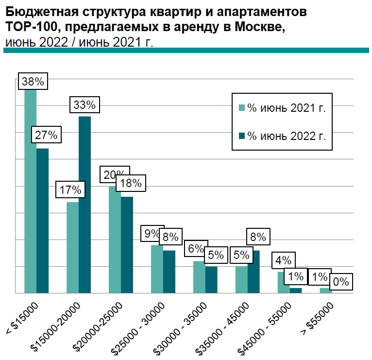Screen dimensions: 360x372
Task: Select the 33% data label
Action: point(85,104)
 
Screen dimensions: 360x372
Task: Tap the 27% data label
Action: point(46,135)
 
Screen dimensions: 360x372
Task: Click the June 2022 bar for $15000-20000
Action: point(85,205)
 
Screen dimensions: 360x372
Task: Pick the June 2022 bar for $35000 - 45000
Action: point(254,272)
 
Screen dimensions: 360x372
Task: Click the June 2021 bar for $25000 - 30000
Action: point(157,269)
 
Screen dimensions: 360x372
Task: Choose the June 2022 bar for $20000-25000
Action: point(127,245)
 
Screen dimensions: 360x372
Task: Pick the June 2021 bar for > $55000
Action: point(326,291)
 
